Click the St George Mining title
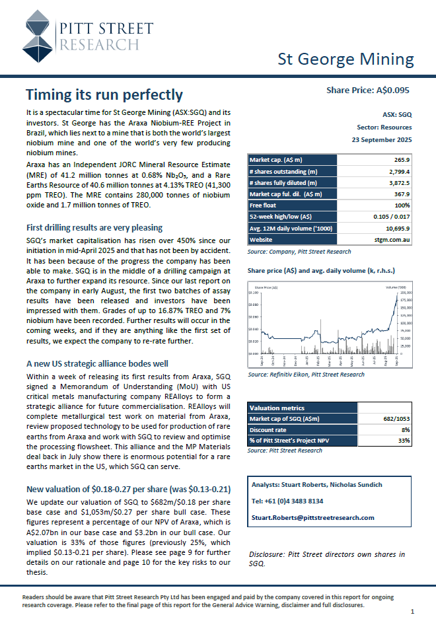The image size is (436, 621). click(x=345, y=59)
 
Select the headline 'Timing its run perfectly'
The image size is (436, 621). click(x=104, y=94)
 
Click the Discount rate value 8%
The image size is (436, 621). click(x=404, y=429)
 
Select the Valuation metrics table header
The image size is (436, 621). click(x=277, y=408)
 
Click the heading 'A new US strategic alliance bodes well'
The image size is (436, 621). click(x=96, y=363)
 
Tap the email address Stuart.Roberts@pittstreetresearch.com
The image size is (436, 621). click(x=313, y=517)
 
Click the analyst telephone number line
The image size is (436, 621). click(x=287, y=501)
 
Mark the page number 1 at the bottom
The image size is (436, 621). click(x=412, y=612)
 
